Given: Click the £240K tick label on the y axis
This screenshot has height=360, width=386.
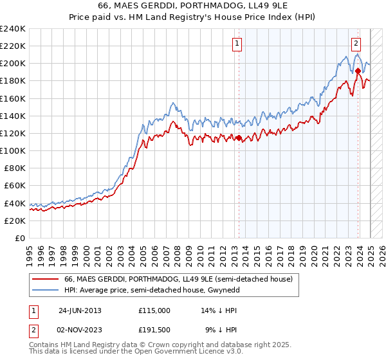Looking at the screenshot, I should click(x=13, y=29).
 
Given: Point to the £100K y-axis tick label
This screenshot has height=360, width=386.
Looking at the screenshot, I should click(x=13, y=150).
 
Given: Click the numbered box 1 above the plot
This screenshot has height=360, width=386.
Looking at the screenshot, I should click(x=237, y=44).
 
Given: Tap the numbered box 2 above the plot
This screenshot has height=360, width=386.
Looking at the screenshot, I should click(x=356, y=44).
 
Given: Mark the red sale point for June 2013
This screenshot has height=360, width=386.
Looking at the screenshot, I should click(x=239, y=138).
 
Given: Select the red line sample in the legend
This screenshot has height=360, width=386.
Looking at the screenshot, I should click(x=46, y=279).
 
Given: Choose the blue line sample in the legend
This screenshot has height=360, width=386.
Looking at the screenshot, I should click(x=46, y=290).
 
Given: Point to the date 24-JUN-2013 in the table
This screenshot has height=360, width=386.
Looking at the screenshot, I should click(x=80, y=310).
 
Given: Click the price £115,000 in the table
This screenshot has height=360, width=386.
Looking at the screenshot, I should click(x=154, y=310).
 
